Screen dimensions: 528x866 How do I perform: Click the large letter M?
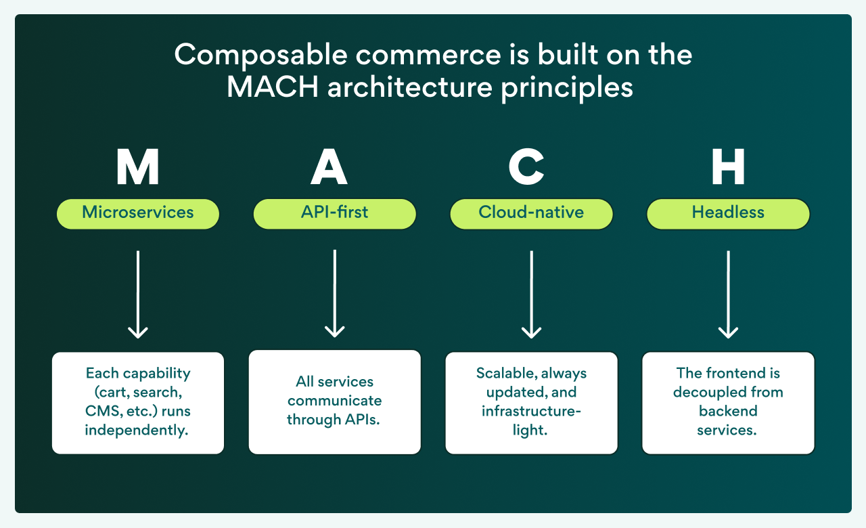[x=138, y=167]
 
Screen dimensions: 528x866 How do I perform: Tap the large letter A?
[x=329, y=167]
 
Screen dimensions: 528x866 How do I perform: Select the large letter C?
[x=526, y=167]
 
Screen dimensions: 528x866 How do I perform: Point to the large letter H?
[x=728, y=167]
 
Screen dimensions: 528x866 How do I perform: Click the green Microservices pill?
[x=138, y=213]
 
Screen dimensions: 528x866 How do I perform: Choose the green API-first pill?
[x=334, y=213]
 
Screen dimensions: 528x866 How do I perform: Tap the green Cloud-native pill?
[x=531, y=213]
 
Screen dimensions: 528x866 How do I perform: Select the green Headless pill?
[x=728, y=213]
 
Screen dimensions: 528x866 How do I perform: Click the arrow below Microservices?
[x=138, y=294]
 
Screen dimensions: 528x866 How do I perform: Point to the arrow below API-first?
[x=334, y=294]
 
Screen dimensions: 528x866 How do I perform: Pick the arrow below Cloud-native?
[x=531, y=294]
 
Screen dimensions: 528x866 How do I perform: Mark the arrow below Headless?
[x=728, y=294]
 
